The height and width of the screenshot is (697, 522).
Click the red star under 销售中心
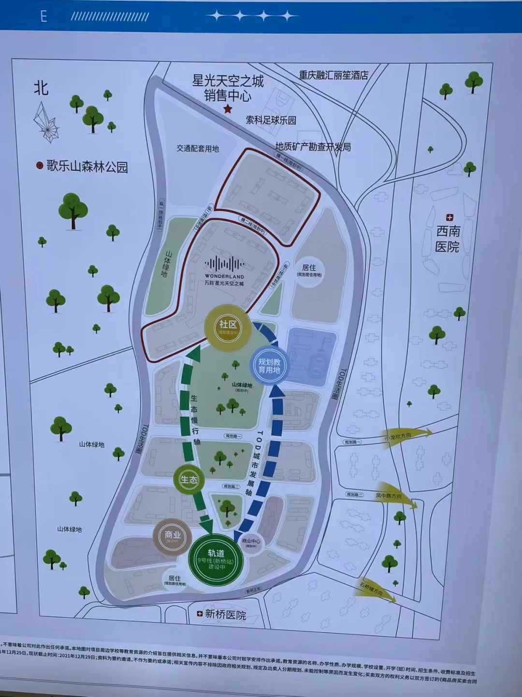coord(228,110)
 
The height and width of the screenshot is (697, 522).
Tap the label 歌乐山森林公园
coord(87,167)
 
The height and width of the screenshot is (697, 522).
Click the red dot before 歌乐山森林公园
coord(40,166)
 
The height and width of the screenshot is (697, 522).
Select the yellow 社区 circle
coord(227,328)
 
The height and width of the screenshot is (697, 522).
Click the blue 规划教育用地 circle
coord(269,366)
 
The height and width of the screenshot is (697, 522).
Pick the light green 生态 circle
coord(188,480)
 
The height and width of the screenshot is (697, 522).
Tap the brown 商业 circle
coord(173,537)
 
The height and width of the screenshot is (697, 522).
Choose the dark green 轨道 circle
coord(216,559)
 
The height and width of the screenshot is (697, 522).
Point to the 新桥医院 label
coord(225,615)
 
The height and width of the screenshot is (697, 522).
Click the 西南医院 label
coord(448,239)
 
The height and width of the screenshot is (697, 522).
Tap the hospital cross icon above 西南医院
coord(449,218)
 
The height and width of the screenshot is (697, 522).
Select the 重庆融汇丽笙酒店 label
coord(333,75)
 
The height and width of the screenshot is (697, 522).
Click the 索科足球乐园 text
coord(271,120)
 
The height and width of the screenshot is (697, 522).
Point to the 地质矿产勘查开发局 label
coord(313,147)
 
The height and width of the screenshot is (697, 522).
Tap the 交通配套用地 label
coord(198,148)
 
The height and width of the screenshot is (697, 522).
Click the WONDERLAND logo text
coord(225,276)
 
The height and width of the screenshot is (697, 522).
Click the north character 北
coord(41,88)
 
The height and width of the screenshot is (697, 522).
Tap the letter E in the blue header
coord(43,16)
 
